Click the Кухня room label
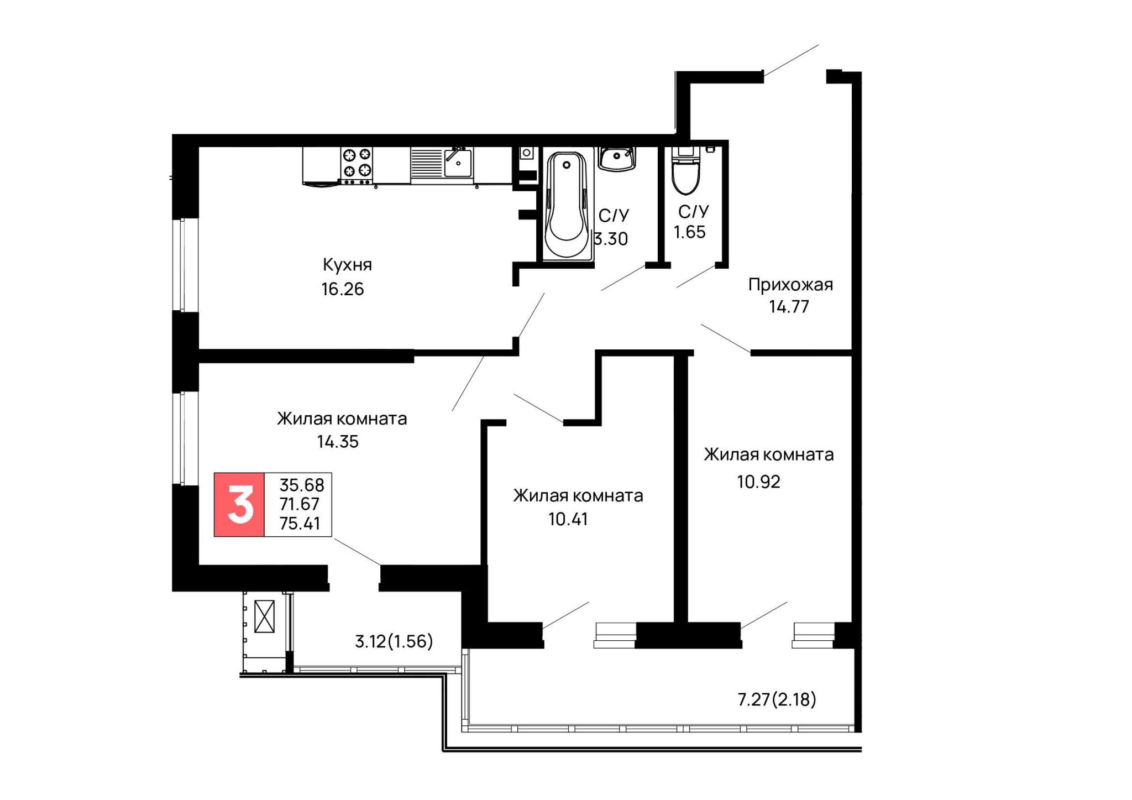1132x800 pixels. tap(347, 265)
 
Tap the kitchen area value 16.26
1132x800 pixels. tap(343, 289)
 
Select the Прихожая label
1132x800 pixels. tap(790, 285)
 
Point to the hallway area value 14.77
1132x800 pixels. tap(789, 307)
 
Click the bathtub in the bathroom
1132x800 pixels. tap(567, 205)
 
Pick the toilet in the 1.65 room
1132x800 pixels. tap(685, 170)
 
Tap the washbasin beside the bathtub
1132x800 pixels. tap(617, 159)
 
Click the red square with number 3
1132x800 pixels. tap(239, 505)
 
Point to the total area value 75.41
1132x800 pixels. tap(300, 524)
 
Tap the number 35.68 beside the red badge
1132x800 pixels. tap(302, 485)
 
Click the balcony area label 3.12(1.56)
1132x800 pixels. tap(394, 641)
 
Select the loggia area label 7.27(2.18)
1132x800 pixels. tap(777, 700)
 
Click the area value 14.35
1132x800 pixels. tap(338, 442)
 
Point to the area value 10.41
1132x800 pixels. tap(568, 519)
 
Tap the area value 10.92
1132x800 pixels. tap(758, 482)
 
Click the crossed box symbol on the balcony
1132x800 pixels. tap(264, 616)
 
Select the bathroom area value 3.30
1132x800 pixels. tap(611, 239)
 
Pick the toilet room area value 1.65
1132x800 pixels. tap(690, 232)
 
